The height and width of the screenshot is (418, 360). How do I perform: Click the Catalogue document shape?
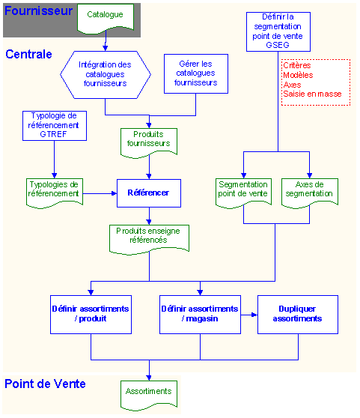point(106,18)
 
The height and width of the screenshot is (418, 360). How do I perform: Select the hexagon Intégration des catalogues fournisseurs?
point(106,75)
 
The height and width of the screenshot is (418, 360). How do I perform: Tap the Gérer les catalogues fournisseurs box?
point(195,73)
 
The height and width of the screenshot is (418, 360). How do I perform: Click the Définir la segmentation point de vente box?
point(278,31)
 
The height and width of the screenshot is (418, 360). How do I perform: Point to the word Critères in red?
point(296,65)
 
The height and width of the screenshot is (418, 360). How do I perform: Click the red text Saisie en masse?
point(312,94)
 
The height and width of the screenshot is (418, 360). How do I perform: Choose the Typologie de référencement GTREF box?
point(55,126)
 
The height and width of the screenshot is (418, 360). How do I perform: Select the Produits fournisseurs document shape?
point(149,142)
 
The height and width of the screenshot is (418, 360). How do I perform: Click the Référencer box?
point(149,193)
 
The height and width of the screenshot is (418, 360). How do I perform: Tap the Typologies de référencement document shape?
point(55,193)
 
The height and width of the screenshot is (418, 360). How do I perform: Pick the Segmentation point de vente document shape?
point(243,193)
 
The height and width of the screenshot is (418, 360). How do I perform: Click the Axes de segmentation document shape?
point(310,193)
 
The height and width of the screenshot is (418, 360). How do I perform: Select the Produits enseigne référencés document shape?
point(149,239)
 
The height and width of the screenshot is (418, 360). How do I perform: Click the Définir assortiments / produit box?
point(91,315)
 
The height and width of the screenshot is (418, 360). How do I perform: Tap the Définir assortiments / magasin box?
point(200,315)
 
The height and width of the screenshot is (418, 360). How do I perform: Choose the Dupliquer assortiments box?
point(298,315)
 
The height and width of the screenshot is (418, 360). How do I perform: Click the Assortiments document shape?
point(149,395)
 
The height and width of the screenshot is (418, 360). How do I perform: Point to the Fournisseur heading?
point(39,11)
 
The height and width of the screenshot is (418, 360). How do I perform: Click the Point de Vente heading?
point(45,384)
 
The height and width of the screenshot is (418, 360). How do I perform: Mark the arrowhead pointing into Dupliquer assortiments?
point(254,315)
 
